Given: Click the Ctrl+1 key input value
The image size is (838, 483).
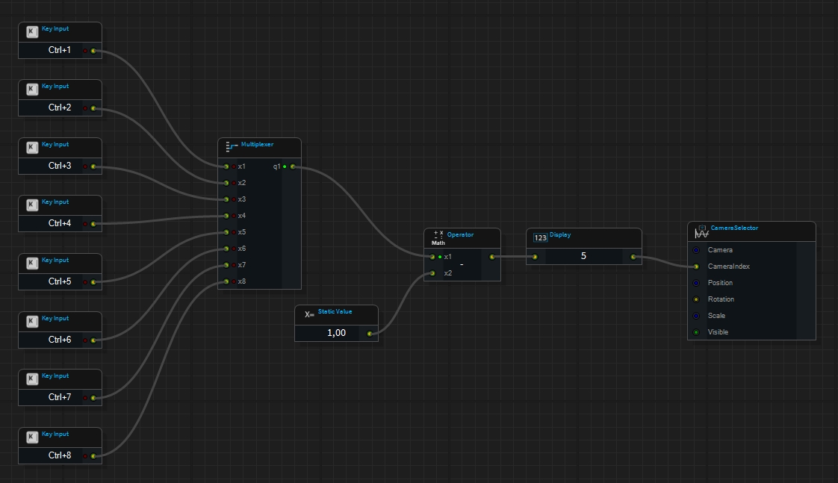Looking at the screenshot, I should pos(60,51).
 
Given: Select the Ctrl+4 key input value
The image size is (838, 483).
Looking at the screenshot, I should pos(60,223).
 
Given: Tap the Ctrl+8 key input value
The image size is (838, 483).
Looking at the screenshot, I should pos(60,455).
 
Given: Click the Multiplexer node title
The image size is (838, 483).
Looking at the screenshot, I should pos(257,144).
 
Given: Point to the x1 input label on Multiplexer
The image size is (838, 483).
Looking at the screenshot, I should pos(241,166).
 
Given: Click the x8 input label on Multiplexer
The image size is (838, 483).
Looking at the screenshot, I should pos(241,281).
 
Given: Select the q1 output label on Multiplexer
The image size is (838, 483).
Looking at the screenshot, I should pos(276,166).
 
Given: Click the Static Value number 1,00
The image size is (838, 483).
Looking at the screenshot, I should pos(336,333).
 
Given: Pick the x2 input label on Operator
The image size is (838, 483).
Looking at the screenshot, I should pos(447,273).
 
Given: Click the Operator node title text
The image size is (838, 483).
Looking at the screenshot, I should pos(460,234).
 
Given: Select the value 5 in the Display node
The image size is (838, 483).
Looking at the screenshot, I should pos(583,257).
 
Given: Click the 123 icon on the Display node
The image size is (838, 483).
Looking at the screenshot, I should pos(540,237).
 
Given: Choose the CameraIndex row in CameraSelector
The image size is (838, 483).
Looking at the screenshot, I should pos(728,267).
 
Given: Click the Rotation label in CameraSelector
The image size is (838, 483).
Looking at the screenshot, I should pos(720,299).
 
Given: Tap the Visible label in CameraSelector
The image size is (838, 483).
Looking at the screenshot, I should pos(718,332).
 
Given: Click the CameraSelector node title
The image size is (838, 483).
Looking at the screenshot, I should pos(734,228).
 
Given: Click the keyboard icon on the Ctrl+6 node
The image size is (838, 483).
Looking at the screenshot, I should pos(32,322).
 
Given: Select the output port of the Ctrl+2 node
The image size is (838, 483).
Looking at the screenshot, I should pos(93,108).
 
